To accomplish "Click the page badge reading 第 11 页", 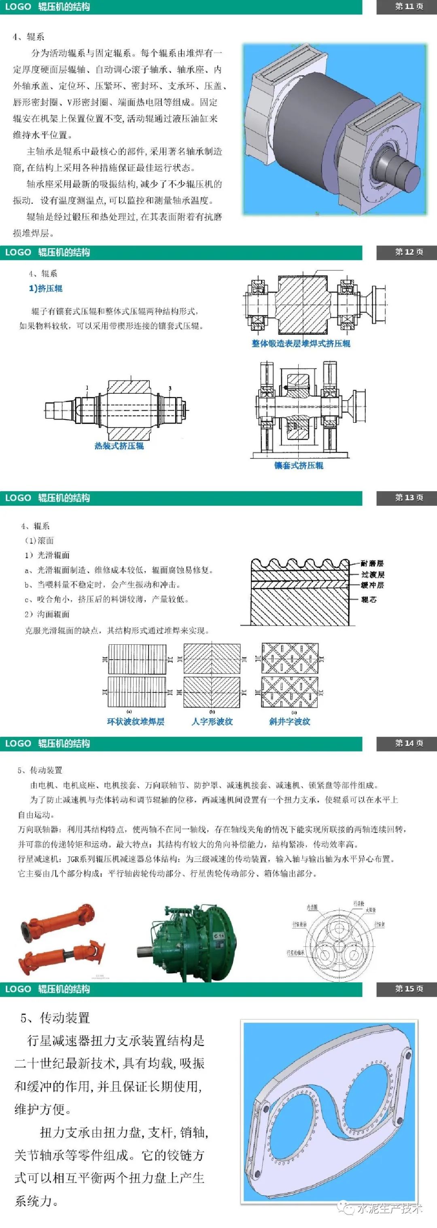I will click(409, 7).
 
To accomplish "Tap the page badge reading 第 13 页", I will click(409, 498).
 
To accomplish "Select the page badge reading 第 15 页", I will click(409, 989).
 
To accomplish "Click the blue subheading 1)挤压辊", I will click(45, 289).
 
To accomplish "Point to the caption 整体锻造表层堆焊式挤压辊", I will click(301, 344).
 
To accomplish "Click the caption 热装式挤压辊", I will click(119, 446).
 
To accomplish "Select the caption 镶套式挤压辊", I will click(299, 465).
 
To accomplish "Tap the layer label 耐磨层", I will click(372, 563).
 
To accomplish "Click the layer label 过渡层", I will click(373, 574).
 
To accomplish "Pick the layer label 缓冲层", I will click(372, 585).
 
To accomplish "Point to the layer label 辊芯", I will click(369, 599).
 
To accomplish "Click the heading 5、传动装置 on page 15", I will click(55, 1018).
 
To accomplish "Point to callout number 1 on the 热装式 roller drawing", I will click(87, 388).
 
